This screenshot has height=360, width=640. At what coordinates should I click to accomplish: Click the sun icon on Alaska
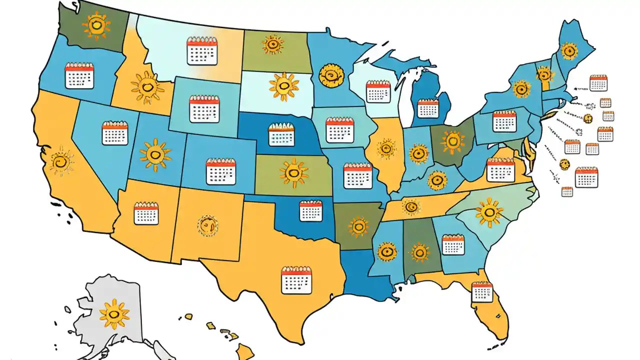pos(114,313)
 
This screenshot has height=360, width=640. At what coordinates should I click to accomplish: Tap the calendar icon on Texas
pos(296,280)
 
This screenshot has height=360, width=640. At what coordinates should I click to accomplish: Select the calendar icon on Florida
pos(482,291)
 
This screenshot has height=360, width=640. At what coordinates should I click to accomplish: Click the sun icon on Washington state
pos(96,26)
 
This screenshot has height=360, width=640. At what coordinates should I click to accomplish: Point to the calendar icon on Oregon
pos(79,76)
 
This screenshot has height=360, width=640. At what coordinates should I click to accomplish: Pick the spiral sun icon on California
pos(61,161)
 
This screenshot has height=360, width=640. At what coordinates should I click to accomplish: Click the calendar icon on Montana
pos(202,51)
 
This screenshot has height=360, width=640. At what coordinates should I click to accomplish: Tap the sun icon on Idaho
pos(147,87)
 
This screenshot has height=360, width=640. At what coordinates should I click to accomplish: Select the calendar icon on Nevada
pos(115,133)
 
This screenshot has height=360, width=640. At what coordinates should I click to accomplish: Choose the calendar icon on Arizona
pos(146,213)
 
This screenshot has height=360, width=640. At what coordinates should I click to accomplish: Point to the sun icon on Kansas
pos(294,173)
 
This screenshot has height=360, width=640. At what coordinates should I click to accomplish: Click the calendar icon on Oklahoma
pos(310,210)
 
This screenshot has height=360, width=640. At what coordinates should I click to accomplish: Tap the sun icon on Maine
pos(568,50)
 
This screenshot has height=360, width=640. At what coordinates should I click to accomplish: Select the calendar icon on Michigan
pos(427,108)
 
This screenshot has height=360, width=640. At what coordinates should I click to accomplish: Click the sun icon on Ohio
pos(453,141)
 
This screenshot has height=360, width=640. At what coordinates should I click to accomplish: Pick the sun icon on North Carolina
pos(488,212)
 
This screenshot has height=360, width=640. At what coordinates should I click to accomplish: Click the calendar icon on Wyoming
pos(204,109)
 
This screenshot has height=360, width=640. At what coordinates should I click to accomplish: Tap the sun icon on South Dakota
pos(283,85)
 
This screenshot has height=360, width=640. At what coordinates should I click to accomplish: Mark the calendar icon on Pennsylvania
pos(504,121)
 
